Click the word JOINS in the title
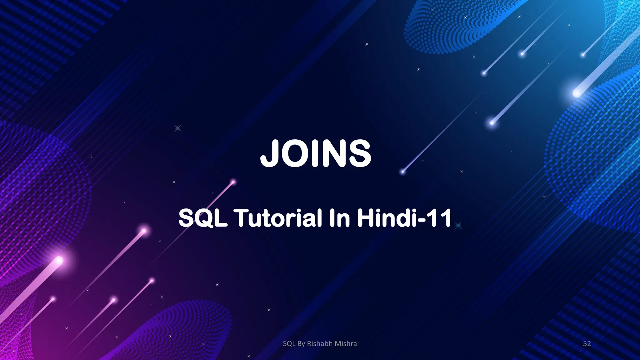pyautogui.click(x=316, y=153)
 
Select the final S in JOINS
pyautogui.click(x=360, y=153)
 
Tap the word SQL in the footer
pyautogui.click(x=289, y=344)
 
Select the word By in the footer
pyautogui.click(x=301, y=344)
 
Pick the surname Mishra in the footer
pyautogui.click(x=346, y=344)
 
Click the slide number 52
pyautogui.click(x=587, y=344)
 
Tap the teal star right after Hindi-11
pyautogui.click(x=458, y=225)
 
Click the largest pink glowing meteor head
pyautogui.click(x=59, y=260)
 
